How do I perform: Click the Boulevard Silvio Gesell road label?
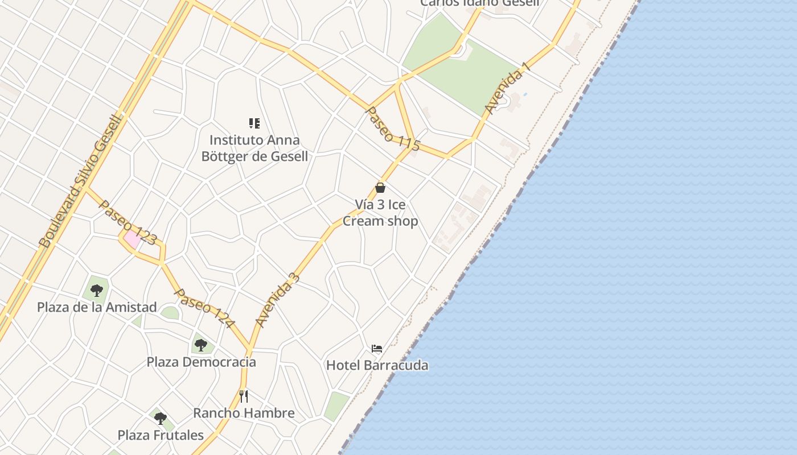coord(81,181)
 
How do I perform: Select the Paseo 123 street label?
coord(128,222)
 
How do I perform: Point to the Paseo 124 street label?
coord(204,308)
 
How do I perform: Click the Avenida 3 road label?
coord(277,300)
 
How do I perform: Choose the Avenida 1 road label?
coord(507,88)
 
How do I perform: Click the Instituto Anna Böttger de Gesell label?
coord(254,148)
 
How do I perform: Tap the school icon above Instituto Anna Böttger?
coord(254,123)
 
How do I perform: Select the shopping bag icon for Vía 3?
coord(380,188)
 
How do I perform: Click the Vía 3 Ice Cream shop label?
coord(380,213)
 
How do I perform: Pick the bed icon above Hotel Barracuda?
coord(376,349)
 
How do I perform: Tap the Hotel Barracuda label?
coord(377,365)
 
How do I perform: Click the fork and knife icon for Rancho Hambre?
coord(244,396)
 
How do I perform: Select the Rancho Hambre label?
coord(244,413)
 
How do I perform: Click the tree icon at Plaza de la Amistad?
coord(97,291)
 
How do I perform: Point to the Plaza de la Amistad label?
coord(97,307)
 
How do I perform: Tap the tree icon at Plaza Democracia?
coord(200,345)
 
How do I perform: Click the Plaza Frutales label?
coord(161,435)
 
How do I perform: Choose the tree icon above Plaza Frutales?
coord(161,419)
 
